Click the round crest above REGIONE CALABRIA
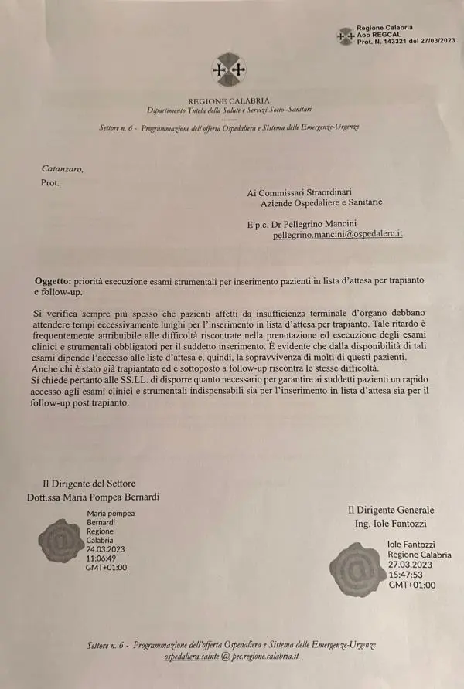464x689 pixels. tap(228, 70)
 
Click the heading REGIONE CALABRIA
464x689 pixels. tap(228, 101)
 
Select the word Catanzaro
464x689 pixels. tap(63, 169)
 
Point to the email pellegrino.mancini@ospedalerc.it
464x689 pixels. tap(338, 234)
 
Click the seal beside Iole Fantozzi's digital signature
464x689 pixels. tap(357, 570)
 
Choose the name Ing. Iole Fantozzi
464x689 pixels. tap(391, 524)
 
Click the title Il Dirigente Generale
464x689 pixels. tap(391, 510)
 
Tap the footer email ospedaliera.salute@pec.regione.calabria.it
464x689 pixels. tap(231, 656)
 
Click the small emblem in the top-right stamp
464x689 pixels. tap(346, 36)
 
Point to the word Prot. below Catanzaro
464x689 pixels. tap(49, 183)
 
